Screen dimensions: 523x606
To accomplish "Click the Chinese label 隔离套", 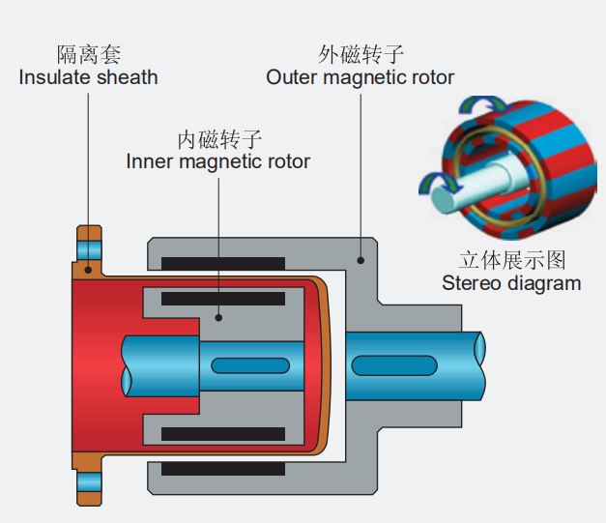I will (89, 54).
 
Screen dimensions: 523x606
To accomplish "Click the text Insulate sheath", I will (89, 77).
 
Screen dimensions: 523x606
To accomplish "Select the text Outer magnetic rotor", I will (361, 77).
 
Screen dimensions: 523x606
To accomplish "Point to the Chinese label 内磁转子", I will (219, 137).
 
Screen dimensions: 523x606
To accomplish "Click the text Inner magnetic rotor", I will (218, 160).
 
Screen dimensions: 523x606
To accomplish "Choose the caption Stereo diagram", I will (511, 283).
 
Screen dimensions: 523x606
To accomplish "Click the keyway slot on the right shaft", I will (392, 365).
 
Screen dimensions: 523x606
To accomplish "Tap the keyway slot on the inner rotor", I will (249, 366).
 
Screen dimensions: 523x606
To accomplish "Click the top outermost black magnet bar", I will (223, 263).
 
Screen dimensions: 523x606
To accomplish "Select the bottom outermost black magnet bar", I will (223, 469).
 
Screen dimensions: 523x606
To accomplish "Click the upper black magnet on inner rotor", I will (223, 299).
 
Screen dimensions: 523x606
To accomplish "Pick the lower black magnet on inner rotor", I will (223, 434).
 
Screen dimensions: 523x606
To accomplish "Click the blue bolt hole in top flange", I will (89, 249).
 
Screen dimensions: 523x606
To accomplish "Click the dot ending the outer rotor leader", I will (360, 259).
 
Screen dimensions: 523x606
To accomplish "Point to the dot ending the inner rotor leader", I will (218, 316).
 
